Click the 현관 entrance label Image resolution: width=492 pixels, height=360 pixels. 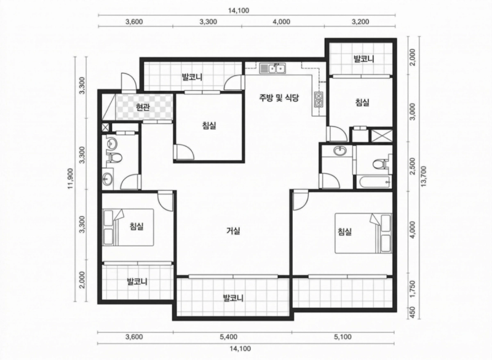pyautogui.click(x=143, y=107)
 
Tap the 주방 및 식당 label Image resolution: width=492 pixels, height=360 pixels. pyautogui.click(x=279, y=98)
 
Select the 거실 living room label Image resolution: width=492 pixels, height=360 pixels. pyautogui.click(x=233, y=231)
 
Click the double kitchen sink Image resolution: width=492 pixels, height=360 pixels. pyautogui.click(x=272, y=68)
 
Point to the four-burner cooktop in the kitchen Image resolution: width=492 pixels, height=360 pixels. pyautogui.click(x=319, y=99)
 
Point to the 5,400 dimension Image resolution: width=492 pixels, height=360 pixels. pyautogui.click(x=228, y=337)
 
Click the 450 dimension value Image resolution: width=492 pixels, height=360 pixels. pyautogui.click(x=412, y=313)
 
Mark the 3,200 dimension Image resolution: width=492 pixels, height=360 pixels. pyautogui.click(x=360, y=22)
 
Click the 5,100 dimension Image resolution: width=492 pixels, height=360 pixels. pyautogui.click(x=343, y=337)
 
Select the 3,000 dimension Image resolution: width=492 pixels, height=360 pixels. pyautogui.click(x=412, y=112)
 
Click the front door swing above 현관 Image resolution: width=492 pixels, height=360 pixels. pyautogui.click(x=129, y=82)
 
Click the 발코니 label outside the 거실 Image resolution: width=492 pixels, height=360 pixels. pyautogui.click(x=233, y=297)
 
